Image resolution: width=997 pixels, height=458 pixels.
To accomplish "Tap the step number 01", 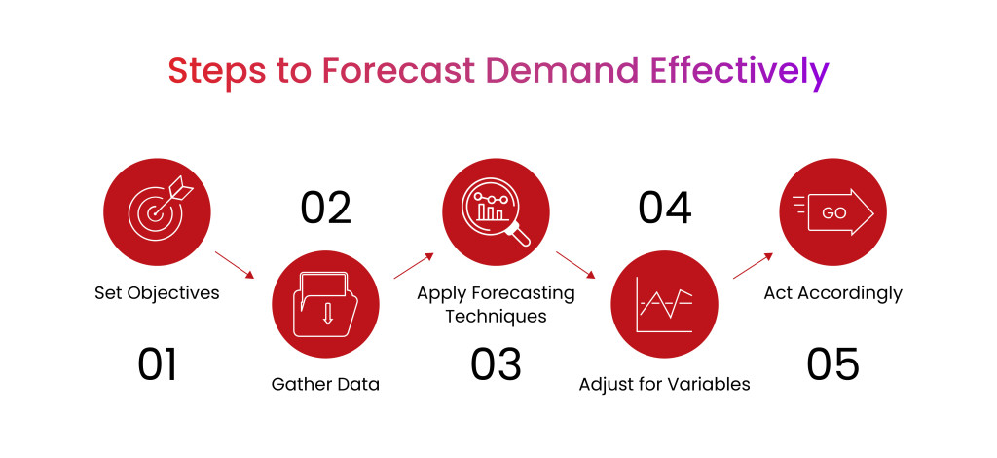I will (x=158, y=364).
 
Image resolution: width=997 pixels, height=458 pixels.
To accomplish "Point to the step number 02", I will (x=326, y=209).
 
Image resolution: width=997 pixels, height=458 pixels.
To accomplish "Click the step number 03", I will (x=496, y=364).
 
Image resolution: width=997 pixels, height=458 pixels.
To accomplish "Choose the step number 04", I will (x=664, y=209).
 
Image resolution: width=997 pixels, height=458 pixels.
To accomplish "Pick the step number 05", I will (x=832, y=364).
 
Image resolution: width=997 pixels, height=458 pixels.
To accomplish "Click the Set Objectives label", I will (x=157, y=292).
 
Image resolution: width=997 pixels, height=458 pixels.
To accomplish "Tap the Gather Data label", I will (x=325, y=384).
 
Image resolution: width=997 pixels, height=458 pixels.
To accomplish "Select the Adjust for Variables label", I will (x=664, y=384).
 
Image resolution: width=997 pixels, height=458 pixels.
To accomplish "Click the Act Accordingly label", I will (x=832, y=292).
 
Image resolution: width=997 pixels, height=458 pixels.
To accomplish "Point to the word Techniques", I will (x=496, y=316).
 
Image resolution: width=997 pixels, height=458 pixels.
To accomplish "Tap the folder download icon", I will (x=326, y=304).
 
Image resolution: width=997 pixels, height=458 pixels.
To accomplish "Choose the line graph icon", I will (x=664, y=304).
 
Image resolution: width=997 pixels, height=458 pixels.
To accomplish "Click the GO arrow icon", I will (x=832, y=212).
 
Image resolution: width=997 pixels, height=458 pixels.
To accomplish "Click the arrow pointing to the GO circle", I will (x=753, y=266).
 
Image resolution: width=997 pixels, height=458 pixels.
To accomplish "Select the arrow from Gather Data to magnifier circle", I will (x=413, y=266).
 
